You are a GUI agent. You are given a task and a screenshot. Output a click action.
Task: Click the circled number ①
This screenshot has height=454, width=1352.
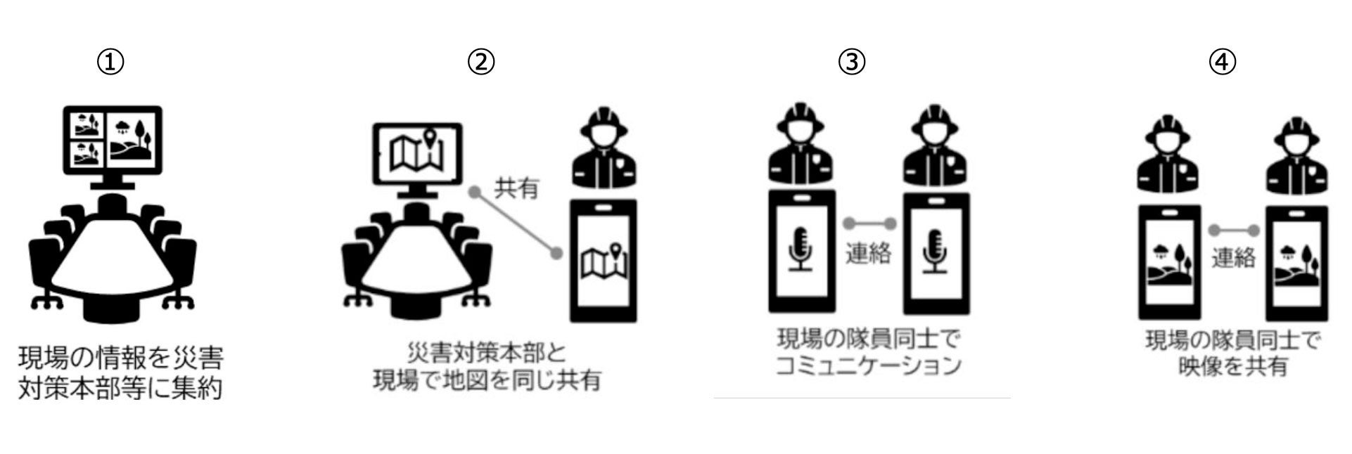(x=111, y=63)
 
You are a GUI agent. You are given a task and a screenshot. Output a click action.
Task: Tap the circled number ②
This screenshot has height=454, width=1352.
(x=482, y=63)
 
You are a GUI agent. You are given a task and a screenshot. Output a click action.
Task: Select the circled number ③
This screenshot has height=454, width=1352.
(x=851, y=63)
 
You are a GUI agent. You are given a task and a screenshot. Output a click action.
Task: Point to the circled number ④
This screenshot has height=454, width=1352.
(x=1222, y=63)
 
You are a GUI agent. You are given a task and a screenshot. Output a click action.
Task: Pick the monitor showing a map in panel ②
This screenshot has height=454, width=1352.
(x=418, y=156)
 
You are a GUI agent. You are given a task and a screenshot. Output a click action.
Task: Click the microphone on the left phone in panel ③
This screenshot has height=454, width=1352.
(x=801, y=250)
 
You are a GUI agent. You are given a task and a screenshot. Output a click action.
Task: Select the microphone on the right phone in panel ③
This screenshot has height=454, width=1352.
(x=936, y=250)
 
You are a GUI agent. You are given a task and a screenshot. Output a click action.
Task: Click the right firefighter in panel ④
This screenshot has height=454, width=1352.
(x=1296, y=158)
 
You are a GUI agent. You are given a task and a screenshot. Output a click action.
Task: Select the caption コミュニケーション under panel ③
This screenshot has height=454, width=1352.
(x=868, y=366)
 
